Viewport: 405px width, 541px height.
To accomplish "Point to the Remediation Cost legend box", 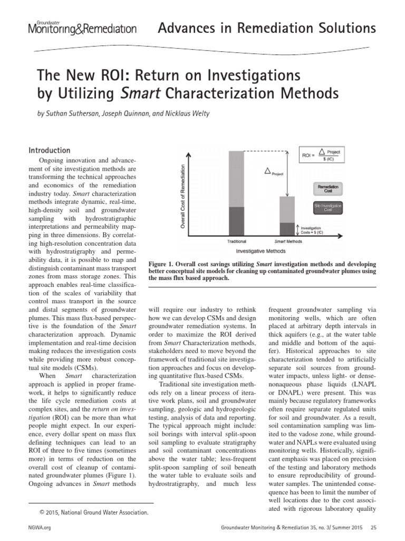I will click(x=328, y=188).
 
